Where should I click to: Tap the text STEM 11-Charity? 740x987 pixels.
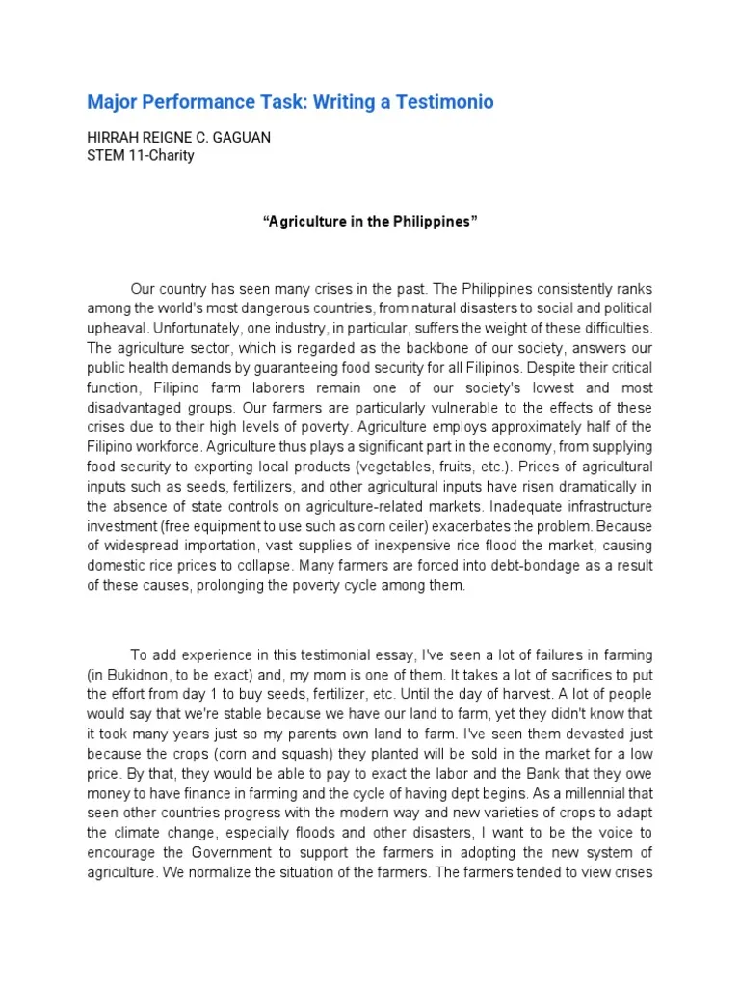coord(141,155)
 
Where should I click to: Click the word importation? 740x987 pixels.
coord(241,546)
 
